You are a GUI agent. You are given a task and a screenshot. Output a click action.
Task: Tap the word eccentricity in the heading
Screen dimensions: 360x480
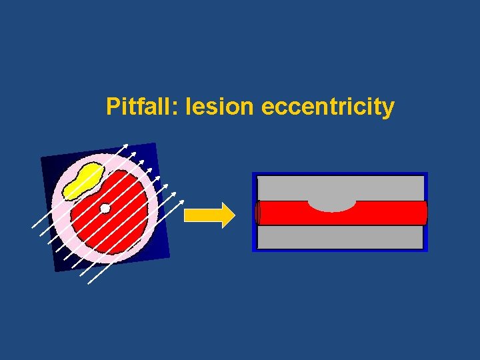click(x=328, y=107)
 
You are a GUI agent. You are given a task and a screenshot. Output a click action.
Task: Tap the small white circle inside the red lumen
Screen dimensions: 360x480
click(x=105, y=209)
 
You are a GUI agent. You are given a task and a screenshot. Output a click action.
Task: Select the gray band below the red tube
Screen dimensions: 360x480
click(x=340, y=237)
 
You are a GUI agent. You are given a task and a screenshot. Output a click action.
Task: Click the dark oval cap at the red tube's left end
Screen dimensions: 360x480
click(x=258, y=213)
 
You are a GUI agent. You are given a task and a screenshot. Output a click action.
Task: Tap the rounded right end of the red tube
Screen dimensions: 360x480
click(x=423, y=213)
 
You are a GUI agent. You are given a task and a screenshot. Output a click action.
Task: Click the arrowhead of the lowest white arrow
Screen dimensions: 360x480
click(x=182, y=200)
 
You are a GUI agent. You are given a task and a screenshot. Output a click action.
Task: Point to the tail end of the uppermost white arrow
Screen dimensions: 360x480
click(x=32, y=227)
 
